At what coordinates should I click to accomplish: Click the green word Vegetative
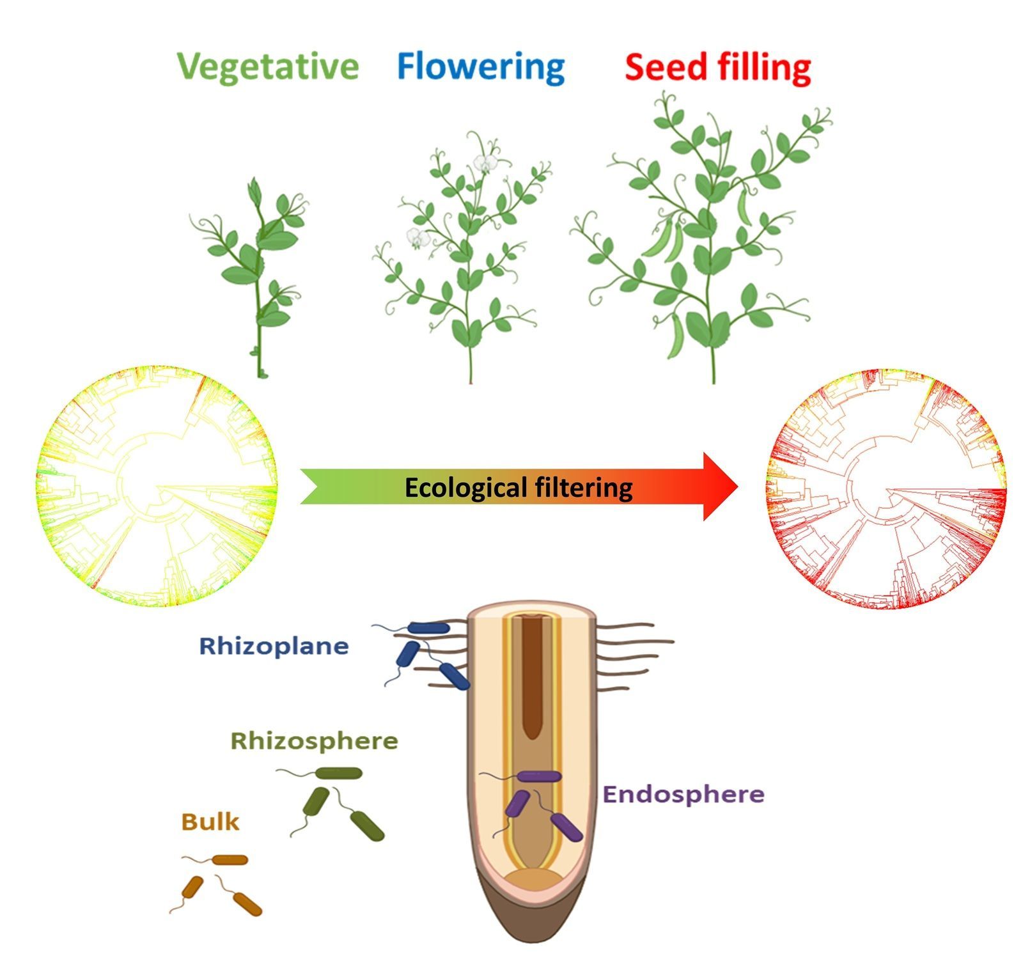tap(268, 66)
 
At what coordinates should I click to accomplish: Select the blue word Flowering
tap(481, 66)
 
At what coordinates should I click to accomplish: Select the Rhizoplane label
tap(274, 646)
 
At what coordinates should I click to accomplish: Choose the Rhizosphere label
tap(314, 741)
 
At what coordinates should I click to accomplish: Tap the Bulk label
tap(210, 821)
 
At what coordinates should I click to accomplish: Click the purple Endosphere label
tap(683, 794)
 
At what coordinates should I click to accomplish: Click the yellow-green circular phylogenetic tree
tap(157, 487)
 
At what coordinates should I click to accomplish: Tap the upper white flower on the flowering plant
tap(486, 163)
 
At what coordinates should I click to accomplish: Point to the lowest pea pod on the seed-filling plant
tap(676, 335)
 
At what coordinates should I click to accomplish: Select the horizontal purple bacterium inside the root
tap(539, 777)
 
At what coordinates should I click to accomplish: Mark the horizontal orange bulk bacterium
tap(230, 860)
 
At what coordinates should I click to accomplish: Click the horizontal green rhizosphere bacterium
tap(339, 774)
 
